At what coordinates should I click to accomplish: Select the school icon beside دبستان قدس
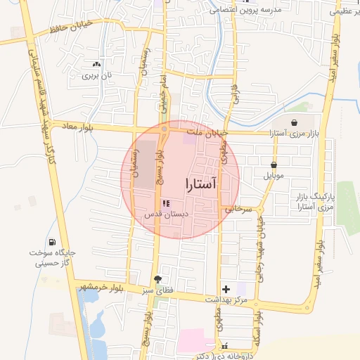pos(165,203)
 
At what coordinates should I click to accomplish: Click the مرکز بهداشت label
pos(226,300)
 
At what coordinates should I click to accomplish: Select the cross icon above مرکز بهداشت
pos(226,289)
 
